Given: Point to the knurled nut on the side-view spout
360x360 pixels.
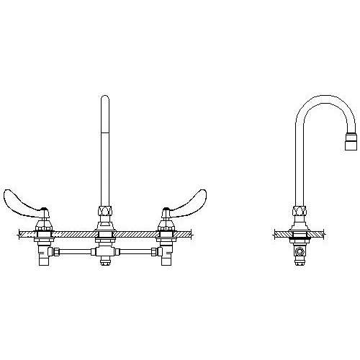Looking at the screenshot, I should coord(297,212).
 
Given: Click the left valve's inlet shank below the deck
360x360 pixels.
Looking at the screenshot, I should coord(44,260).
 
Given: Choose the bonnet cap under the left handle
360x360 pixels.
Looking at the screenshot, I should coord(44,220).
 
